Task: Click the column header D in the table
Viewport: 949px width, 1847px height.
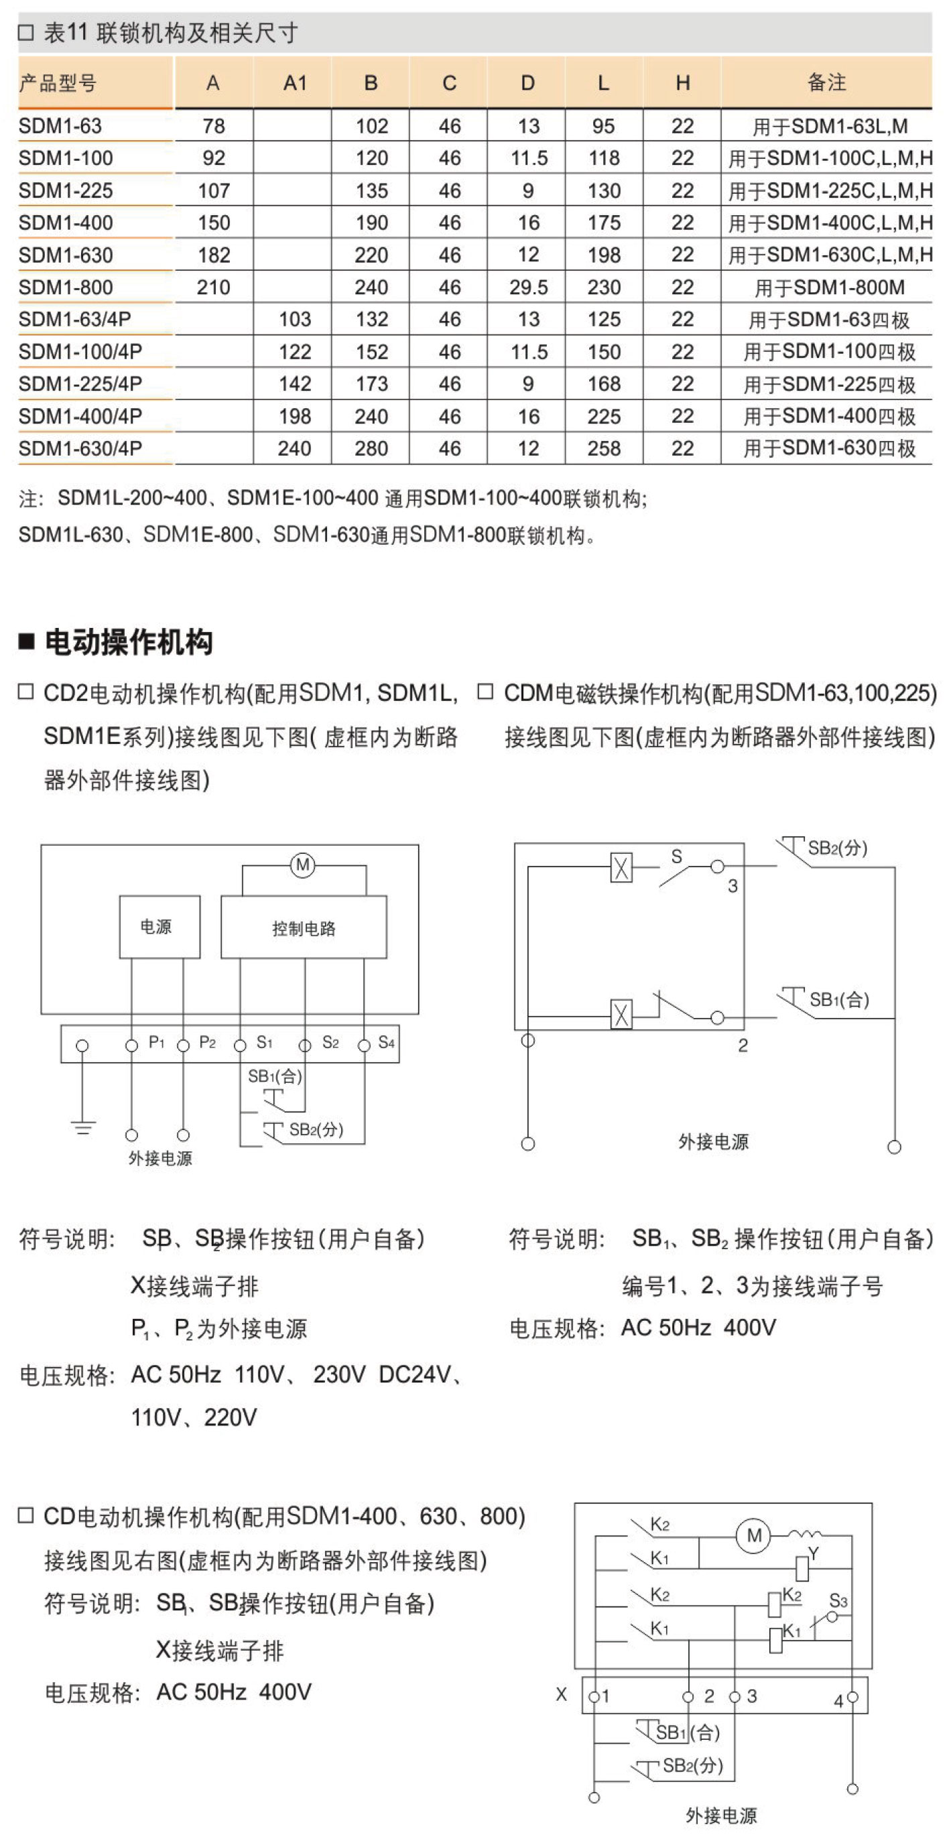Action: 527,83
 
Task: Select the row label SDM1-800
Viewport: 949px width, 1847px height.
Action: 65,288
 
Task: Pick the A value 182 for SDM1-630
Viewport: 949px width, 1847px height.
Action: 214,255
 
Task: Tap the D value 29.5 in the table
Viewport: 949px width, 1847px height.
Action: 528,288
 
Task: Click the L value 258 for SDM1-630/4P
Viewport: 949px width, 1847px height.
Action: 604,449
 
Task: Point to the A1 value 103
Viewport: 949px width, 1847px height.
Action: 295,320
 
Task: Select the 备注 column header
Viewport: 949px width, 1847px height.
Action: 826,83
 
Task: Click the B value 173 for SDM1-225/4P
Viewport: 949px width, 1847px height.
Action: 371,384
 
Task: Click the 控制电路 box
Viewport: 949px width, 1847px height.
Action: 303,928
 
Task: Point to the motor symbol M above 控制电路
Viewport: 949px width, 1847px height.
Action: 302,865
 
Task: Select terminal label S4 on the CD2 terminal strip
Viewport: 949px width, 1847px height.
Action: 386,1042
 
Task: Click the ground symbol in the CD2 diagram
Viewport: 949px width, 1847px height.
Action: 83,1128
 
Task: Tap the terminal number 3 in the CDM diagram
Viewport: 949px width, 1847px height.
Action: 733,886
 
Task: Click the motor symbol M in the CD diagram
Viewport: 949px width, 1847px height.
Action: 753,1535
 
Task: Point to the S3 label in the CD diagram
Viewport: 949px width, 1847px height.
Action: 838,1600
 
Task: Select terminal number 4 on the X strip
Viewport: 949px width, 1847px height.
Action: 838,1701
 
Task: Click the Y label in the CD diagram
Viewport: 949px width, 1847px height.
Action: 814,1553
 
